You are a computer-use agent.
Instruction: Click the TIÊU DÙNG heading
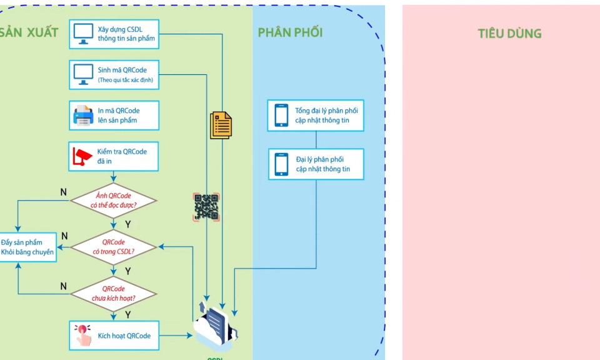509,34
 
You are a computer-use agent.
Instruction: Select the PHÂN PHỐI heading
290,32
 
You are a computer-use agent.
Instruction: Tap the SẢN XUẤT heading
29,32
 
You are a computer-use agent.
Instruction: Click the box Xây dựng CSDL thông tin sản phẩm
114,34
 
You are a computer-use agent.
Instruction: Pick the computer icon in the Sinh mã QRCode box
83,74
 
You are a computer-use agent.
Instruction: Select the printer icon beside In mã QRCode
83,116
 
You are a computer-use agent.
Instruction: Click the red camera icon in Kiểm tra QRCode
82,157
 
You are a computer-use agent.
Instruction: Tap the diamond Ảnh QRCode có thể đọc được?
113,200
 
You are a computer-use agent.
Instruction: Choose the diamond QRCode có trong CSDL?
113,247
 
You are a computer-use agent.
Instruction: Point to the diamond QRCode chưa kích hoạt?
113,294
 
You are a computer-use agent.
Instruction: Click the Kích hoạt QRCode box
114,336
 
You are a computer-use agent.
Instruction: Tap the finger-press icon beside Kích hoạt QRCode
82,336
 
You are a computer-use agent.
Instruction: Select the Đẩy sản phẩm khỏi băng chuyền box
27,247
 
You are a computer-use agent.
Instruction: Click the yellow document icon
221,125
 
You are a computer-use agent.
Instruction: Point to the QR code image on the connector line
206,207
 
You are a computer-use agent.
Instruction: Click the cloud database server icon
216,329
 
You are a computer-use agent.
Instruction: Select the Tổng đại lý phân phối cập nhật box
316,116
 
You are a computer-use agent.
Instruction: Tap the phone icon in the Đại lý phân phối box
281,164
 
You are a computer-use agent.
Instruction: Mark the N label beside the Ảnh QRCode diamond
63,192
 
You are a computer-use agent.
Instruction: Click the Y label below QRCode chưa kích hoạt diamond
128,314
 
